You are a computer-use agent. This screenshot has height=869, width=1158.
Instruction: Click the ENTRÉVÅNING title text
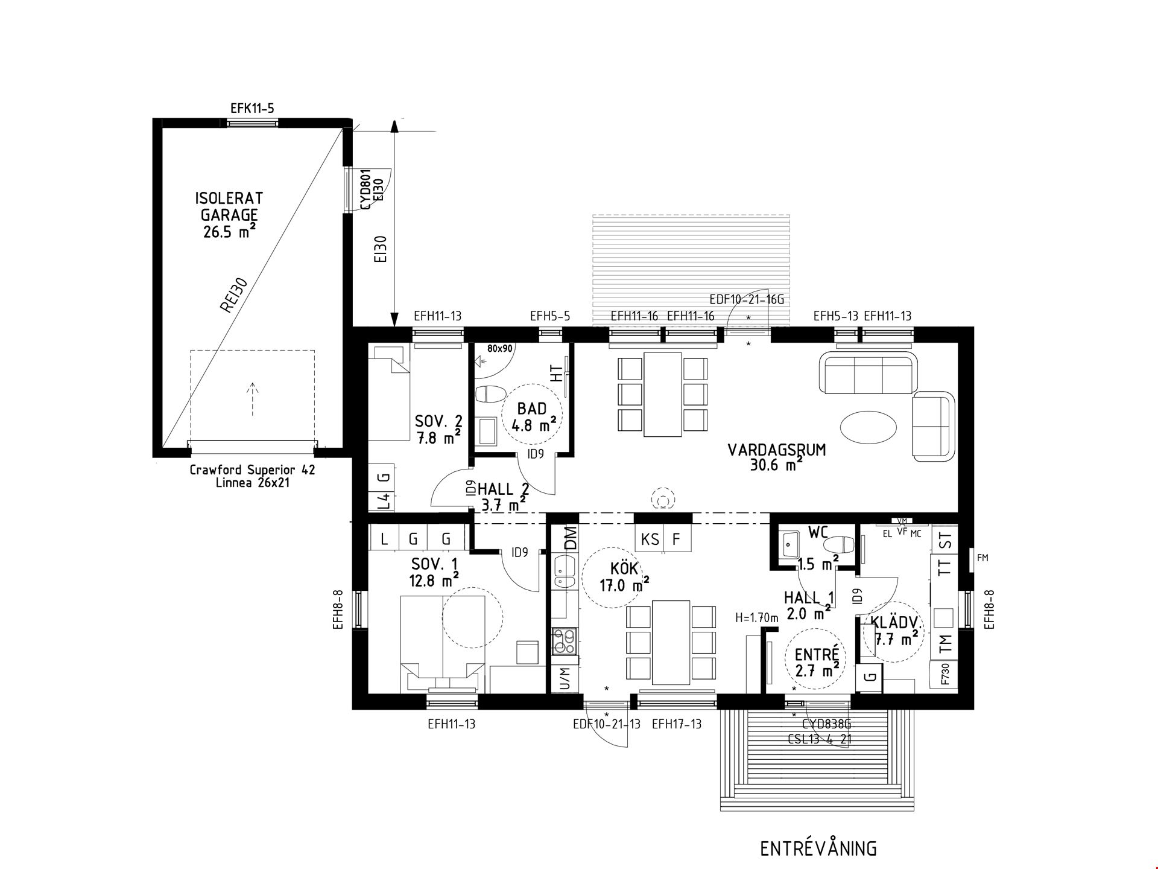click(818, 848)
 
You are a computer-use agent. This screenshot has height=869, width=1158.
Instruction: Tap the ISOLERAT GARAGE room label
click(229, 206)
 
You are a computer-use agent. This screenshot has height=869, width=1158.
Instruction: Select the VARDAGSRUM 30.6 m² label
click(776, 457)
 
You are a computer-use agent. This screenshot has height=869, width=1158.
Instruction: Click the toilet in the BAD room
click(490, 395)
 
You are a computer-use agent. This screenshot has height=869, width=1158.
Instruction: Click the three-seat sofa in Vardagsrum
click(868, 374)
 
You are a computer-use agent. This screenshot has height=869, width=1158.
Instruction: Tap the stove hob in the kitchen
click(565, 641)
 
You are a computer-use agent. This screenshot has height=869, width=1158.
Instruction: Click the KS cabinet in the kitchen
click(650, 539)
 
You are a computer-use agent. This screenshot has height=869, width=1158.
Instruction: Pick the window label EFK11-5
click(252, 109)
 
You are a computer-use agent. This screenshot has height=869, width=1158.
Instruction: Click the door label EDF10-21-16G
click(747, 299)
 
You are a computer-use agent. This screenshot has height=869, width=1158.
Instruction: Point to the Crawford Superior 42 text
click(252, 470)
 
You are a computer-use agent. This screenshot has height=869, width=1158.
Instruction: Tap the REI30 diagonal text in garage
click(234, 294)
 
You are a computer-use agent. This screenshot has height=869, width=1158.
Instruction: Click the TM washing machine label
click(945, 643)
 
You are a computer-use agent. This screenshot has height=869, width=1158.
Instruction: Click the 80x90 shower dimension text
click(499, 349)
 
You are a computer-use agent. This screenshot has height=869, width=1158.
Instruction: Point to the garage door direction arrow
click(253, 398)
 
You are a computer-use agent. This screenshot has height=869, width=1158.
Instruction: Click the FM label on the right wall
click(982, 558)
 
